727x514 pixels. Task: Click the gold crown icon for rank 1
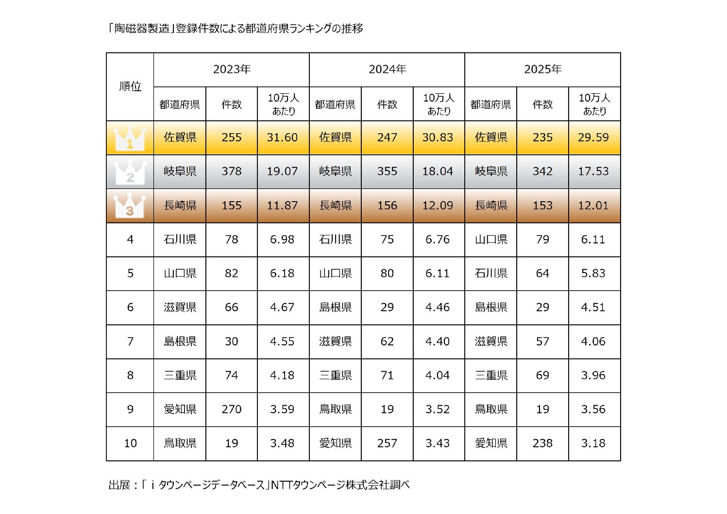(130, 138)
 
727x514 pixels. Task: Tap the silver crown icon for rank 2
(130, 172)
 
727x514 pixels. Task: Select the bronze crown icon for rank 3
(130, 206)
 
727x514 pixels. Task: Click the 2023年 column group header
(232, 69)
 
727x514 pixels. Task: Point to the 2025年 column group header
(542, 69)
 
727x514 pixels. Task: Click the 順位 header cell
(130, 86)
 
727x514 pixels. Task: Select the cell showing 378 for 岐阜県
(232, 171)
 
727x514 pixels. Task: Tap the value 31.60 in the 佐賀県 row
(282, 137)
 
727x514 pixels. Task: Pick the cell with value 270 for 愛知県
(232, 410)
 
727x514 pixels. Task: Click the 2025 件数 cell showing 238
(542, 444)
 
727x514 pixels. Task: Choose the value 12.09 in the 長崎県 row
(438, 206)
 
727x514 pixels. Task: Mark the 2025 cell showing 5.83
(593, 274)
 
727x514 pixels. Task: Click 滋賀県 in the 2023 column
(180, 308)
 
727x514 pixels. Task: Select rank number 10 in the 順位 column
(130, 444)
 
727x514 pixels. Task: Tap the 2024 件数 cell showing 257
(387, 444)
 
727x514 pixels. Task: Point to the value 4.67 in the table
(282, 308)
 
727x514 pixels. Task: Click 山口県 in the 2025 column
(491, 240)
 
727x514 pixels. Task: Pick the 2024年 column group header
(387, 69)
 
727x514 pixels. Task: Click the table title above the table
(236, 29)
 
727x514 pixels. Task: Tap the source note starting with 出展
(259, 485)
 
